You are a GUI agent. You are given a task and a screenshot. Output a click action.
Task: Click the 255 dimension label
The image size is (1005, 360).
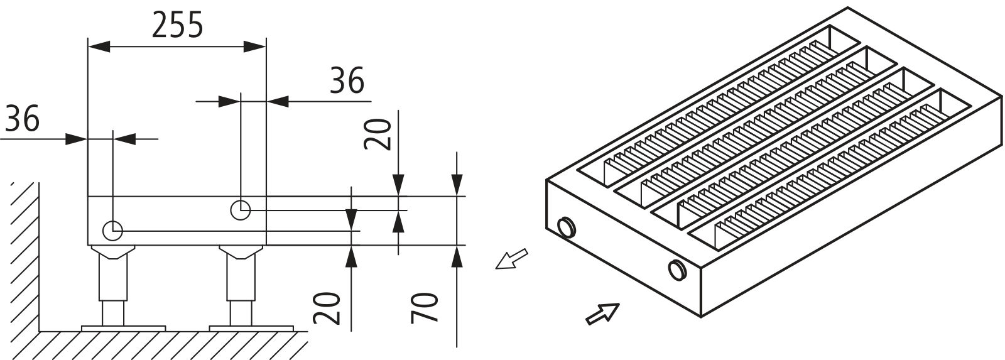tap(178, 26)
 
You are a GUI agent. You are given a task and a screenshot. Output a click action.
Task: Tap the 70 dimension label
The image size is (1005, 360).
tap(425, 307)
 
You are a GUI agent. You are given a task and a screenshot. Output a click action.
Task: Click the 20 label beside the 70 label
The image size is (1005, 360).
tap(331, 308)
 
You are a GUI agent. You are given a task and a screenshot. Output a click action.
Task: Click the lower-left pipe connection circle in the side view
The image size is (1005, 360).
tap(113, 231)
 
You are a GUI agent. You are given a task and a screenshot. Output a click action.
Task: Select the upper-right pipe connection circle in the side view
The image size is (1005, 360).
tap(241, 210)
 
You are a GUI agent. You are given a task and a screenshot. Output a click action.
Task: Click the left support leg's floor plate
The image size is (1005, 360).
tap(124, 327)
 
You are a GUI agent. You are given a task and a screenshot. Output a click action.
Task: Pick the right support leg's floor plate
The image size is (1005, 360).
tap(251, 327)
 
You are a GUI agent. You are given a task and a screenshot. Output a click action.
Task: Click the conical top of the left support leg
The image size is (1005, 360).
tap(114, 252)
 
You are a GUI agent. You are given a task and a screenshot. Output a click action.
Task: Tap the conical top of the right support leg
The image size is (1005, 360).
tap(241, 252)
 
